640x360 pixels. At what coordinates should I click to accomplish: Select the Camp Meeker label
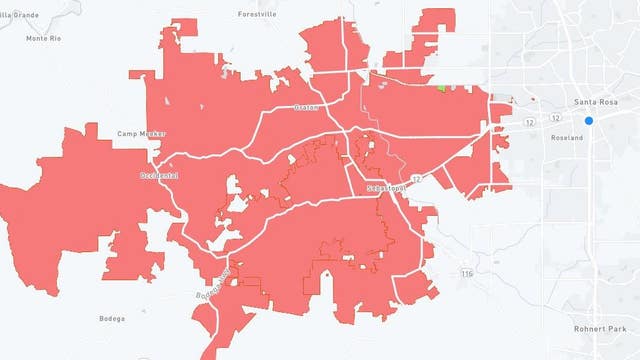coord(142,134)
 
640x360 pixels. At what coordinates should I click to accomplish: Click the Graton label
coord(305,107)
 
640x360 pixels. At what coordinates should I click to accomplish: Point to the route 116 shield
coord(467,273)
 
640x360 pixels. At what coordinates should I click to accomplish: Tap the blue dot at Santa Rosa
coord(589,121)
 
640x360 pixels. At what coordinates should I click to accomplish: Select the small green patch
coord(441,87)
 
